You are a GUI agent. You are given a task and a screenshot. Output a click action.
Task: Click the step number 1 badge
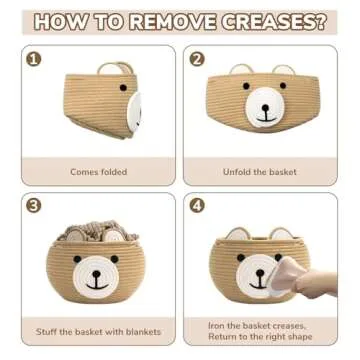[x=35, y=59]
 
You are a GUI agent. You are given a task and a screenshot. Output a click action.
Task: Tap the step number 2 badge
[x=197, y=59]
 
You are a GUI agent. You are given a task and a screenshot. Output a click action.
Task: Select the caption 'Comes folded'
[x=98, y=171]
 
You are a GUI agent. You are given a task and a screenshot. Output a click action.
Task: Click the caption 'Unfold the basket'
[x=261, y=171]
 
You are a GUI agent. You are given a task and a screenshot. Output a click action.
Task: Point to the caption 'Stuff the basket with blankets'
[x=98, y=331]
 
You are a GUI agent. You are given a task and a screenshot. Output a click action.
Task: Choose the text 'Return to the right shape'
[x=261, y=337]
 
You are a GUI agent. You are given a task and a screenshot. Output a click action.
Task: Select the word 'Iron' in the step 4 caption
[x=219, y=324]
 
